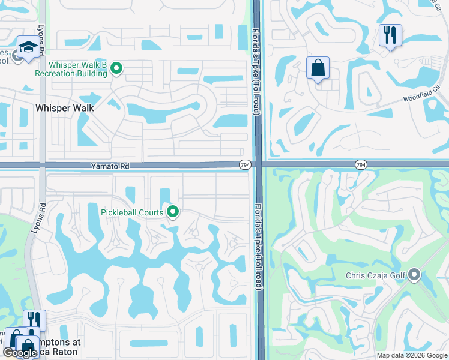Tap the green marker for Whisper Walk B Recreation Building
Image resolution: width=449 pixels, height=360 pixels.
(x=116, y=70)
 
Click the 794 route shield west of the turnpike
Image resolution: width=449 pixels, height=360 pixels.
(x=244, y=164)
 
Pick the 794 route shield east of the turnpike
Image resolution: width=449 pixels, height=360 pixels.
(x=360, y=164)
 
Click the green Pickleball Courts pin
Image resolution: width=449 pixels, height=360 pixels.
(x=173, y=212)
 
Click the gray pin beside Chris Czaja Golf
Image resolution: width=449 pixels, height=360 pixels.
(x=414, y=276)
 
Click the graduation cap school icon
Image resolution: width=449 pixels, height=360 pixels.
(x=28, y=48)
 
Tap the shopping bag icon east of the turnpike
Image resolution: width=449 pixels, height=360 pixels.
(x=318, y=68)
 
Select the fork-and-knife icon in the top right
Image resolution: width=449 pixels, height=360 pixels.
(x=390, y=35)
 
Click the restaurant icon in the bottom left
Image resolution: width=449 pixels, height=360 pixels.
(x=34, y=320)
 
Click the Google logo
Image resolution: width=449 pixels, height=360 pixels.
(x=20, y=353)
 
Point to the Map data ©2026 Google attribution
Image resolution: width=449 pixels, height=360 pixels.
(x=411, y=355)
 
